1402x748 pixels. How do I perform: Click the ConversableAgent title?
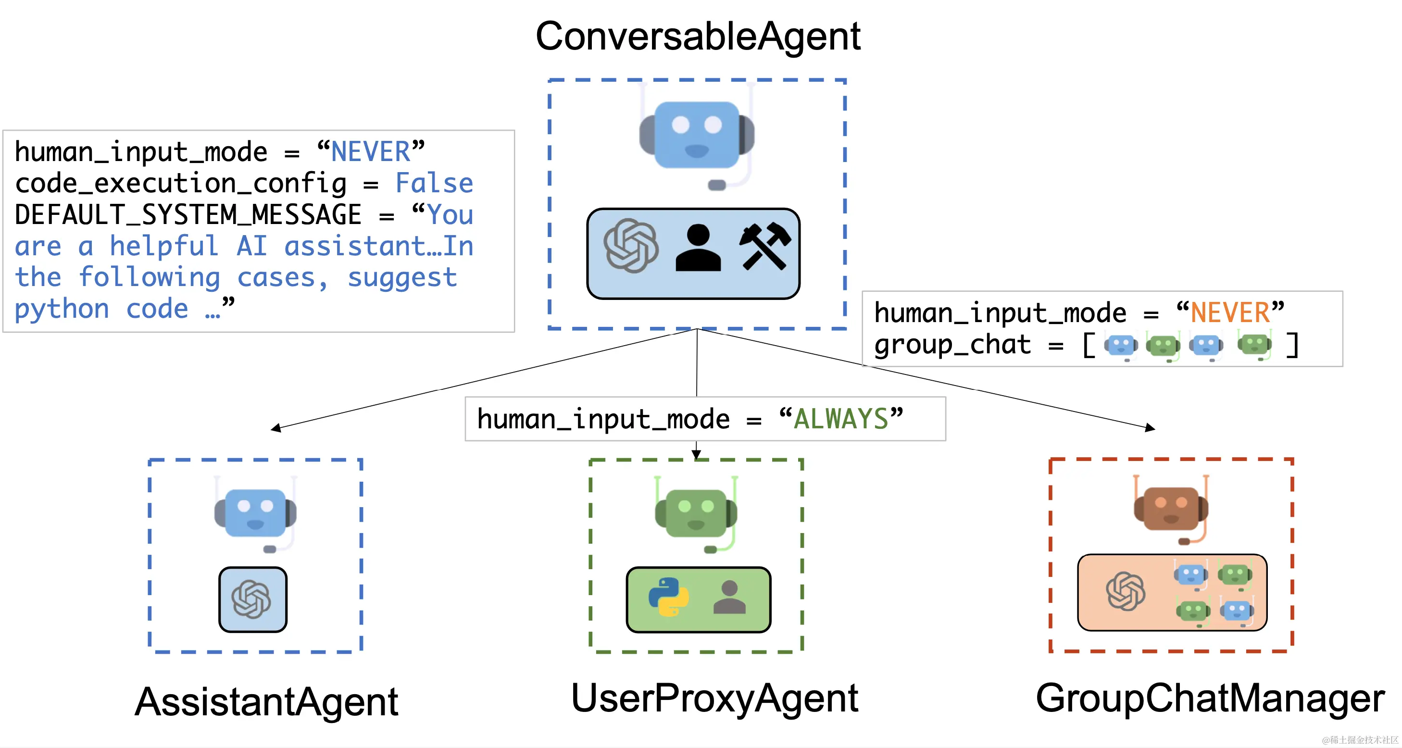click(698, 37)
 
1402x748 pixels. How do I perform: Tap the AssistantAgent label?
click(266, 702)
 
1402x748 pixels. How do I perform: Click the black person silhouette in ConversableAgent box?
click(698, 248)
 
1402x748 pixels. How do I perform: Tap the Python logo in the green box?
click(668, 598)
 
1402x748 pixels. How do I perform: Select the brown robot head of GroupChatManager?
click(1171, 509)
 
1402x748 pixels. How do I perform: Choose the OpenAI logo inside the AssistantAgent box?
click(251, 599)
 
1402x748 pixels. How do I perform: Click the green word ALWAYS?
click(841, 419)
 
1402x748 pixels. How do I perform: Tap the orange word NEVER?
click(1230, 313)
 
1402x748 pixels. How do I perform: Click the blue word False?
click(434, 183)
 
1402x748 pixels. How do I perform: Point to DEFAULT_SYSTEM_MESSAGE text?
click(188, 215)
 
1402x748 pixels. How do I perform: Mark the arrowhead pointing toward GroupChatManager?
click(1150, 427)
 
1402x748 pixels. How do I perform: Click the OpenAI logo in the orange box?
click(1126, 591)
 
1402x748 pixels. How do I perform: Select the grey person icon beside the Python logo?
click(729, 598)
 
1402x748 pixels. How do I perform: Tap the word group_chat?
click(952, 345)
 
